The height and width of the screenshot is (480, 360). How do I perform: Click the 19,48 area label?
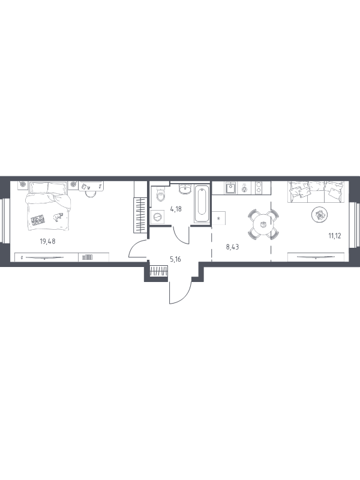click(47, 241)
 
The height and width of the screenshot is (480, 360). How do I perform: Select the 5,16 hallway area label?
click(175, 259)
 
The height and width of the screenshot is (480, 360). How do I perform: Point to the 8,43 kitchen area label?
click(232, 247)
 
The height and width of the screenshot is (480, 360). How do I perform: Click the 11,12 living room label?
click(335, 235)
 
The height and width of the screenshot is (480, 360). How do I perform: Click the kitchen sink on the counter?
click(230, 188)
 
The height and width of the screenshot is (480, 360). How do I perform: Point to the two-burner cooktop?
click(259, 188)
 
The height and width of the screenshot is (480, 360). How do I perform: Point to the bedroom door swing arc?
click(136, 247)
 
